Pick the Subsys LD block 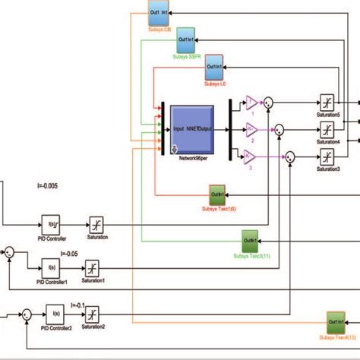(x=214, y=71)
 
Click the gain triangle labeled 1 (x=251, y=104)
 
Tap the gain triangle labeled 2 (x=251, y=129)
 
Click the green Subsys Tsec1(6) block (x=220, y=194)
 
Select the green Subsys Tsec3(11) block (x=252, y=239)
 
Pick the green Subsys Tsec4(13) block (x=337, y=321)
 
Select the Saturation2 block (x=92, y=314)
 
